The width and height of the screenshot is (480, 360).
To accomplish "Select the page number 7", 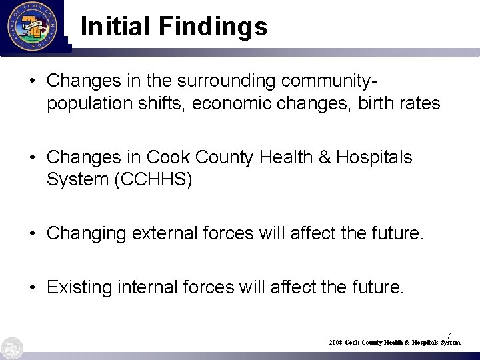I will click(449, 335).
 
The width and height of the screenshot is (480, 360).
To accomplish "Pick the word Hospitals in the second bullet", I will click(375, 157).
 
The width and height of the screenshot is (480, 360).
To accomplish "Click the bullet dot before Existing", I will click(34, 288).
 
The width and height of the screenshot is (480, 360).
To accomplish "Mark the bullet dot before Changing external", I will click(34, 234).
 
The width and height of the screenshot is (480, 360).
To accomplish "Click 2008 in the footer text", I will click(335, 342).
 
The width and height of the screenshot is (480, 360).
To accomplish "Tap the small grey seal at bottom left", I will click(11, 348).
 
